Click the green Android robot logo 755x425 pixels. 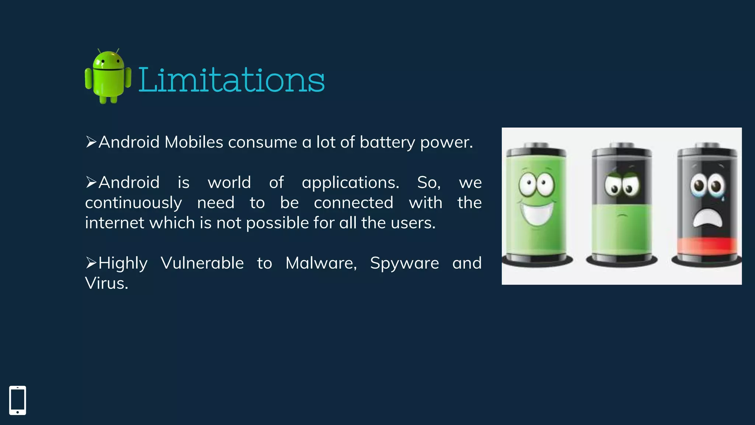[108, 77]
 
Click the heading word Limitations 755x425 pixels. [231, 80]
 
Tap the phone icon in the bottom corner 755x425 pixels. [18, 400]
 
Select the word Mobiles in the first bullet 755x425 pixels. [194, 142]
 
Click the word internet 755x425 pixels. [114, 223]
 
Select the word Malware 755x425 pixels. [321, 263]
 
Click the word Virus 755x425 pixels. [107, 283]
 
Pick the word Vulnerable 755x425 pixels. [202, 263]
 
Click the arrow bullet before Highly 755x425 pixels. [91, 263]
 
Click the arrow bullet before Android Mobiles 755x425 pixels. [91, 142]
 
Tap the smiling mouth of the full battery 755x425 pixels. [536, 214]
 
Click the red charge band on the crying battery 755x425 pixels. [707, 245]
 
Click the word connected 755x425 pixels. [354, 203]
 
